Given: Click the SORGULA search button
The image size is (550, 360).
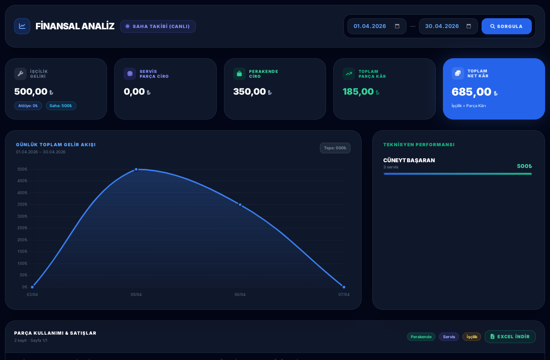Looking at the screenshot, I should coord(506,26).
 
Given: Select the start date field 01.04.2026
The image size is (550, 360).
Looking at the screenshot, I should coord(370,26).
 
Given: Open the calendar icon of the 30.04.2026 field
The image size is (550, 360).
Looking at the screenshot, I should coord(469,26).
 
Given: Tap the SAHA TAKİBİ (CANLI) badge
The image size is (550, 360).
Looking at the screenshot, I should coord(158,26).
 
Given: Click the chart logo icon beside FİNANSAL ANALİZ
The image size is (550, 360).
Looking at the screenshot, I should coord(22,26).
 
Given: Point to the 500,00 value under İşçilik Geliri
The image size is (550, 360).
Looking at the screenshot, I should coord(31,92).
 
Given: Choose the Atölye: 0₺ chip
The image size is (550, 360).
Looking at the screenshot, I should coord(28,106).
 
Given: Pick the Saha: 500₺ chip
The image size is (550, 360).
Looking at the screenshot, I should coord(61,106).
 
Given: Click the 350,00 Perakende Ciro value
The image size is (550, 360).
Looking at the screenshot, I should coord(249,92).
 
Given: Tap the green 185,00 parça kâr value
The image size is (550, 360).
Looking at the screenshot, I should coord(358,92).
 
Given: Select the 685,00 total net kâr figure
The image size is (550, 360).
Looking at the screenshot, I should coord(471,92).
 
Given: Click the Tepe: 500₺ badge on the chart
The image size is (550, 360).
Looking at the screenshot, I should coord(335,148).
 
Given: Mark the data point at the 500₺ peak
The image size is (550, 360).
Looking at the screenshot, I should coord(136,169).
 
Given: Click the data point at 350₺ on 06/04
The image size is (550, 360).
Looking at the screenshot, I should coord(240,204).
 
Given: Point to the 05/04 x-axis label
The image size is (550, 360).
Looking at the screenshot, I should coord(136,295).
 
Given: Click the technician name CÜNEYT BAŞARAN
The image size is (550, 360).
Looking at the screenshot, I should coord(409,160).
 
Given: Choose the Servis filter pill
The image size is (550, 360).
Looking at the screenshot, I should coord(449,337).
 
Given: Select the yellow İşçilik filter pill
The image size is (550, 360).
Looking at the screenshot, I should coord(472,337).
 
